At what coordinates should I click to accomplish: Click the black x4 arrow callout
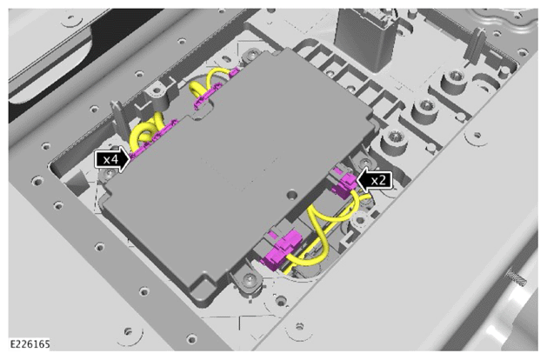tap(112, 159)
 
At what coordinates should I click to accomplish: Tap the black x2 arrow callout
tap(375, 180)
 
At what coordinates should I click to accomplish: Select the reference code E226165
tap(30, 344)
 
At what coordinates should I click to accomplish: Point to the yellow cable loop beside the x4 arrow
tap(146, 132)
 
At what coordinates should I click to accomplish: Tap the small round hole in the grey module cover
tap(291, 194)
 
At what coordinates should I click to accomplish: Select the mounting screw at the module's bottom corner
tap(249, 278)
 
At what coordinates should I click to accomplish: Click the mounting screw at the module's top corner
tap(252, 55)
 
